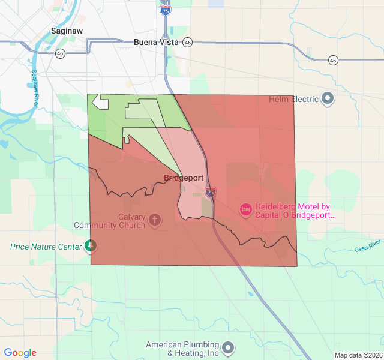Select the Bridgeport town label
(184, 178)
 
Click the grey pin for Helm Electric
(328, 99)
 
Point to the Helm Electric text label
(293, 99)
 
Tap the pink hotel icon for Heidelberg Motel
(245, 210)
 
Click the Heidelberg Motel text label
(292, 211)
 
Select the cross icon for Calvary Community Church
(154, 220)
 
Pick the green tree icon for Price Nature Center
(91, 246)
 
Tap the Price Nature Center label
(46, 247)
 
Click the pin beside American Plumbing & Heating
(228, 347)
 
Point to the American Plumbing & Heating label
(182, 349)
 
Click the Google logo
(20, 353)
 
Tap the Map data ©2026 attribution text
(358, 355)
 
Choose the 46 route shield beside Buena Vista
(188, 43)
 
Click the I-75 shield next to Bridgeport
(210, 192)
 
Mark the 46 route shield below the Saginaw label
(60, 53)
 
